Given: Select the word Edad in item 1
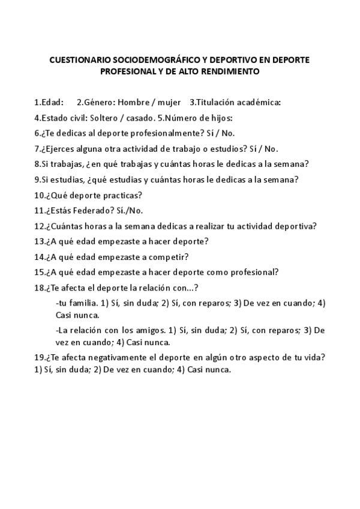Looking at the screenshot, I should pos(51,102).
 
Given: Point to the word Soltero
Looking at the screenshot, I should pos(105,118).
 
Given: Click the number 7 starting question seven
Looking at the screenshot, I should pos(37,149).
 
